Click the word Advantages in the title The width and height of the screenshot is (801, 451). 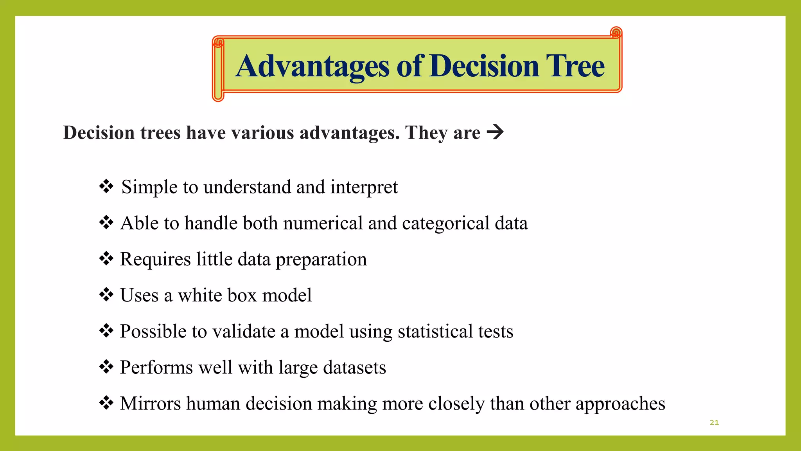312,67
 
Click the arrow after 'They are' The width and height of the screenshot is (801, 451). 495,132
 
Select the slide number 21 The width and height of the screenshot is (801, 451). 714,422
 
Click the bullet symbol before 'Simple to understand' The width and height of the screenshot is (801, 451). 106,186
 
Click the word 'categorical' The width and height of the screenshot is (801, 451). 446,224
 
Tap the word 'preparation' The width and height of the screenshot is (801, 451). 321,260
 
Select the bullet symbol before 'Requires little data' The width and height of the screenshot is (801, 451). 106,259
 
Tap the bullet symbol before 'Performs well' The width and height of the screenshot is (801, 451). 106,367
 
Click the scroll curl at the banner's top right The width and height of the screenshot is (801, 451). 616,32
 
